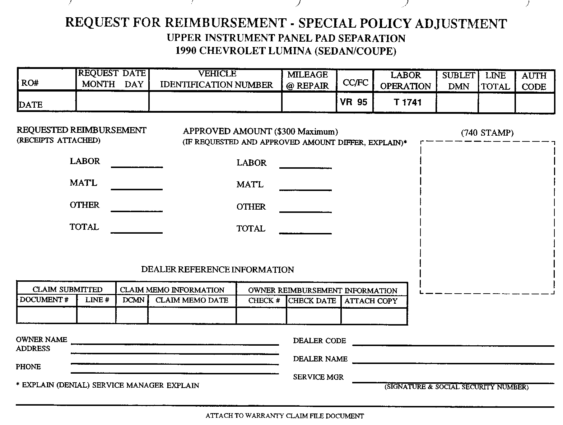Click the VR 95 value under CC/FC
point(354,102)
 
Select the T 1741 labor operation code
point(408,102)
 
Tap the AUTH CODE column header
point(534,81)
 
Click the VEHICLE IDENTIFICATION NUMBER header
point(217,79)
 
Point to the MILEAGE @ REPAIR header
point(308,80)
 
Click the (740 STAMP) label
point(487,133)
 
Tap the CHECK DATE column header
point(312,301)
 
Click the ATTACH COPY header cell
point(371,301)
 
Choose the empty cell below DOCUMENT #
point(47,316)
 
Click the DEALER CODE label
point(319,341)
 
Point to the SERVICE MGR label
point(318,377)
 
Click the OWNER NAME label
point(42,340)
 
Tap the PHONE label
point(28,367)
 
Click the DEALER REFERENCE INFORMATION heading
point(217,270)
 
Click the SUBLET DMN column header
point(459,81)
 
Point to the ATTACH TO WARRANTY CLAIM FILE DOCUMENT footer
point(285,416)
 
